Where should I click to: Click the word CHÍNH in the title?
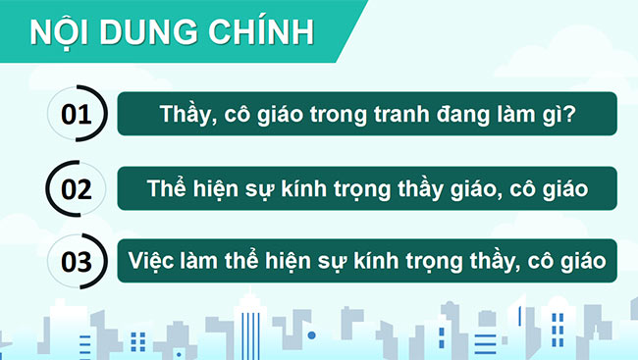coord(262,31)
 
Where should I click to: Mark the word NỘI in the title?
coord(62,31)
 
